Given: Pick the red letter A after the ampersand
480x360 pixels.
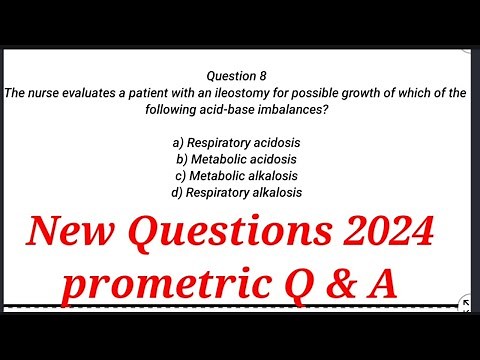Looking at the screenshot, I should point(381,286).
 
